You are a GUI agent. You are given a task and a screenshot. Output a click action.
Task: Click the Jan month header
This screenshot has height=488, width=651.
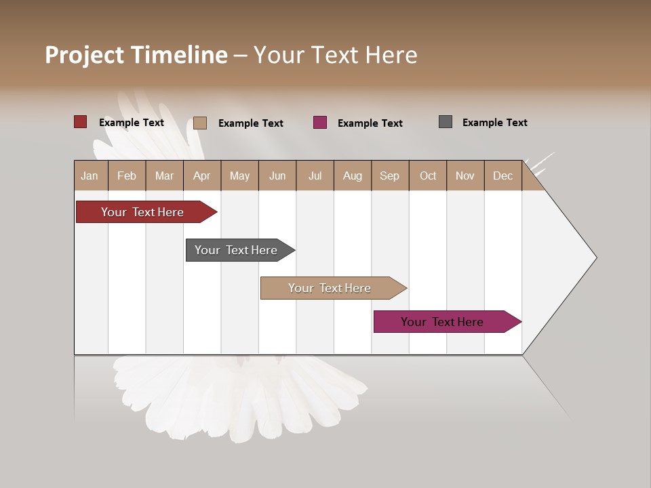(x=90, y=176)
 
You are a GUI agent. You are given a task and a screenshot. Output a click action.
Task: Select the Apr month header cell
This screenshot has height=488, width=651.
(x=202, y=176)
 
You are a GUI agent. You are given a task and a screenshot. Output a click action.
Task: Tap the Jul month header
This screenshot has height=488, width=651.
(x=315, y=176)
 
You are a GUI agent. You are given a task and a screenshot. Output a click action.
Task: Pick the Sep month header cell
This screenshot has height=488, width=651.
(x=390, y=176)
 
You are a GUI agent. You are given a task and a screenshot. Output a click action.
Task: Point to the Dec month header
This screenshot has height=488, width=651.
(x=502, y=176)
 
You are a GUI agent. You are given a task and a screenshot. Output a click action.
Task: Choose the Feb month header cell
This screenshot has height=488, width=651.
(x=127, y=176)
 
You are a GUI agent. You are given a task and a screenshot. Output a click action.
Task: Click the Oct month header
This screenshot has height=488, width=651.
(x=428, y=176)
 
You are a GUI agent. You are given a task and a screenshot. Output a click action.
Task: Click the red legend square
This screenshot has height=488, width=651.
(x=80, y=122)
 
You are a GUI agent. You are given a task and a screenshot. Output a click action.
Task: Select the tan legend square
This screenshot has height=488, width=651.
(x=199, y=123)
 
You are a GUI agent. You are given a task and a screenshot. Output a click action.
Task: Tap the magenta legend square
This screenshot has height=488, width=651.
(x=320, y=122)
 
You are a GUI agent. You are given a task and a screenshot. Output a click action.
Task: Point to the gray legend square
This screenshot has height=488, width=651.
(x=446, y=122)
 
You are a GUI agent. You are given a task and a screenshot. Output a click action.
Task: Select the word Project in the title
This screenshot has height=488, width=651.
(x=84, y=55)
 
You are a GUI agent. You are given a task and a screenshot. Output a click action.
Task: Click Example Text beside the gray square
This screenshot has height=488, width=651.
(x=494, y=123)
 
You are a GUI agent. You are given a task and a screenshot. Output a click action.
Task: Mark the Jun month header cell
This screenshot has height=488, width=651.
(x=277, y=176)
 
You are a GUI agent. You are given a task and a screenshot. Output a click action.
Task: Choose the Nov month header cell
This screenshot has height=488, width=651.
(x=465, y=176)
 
